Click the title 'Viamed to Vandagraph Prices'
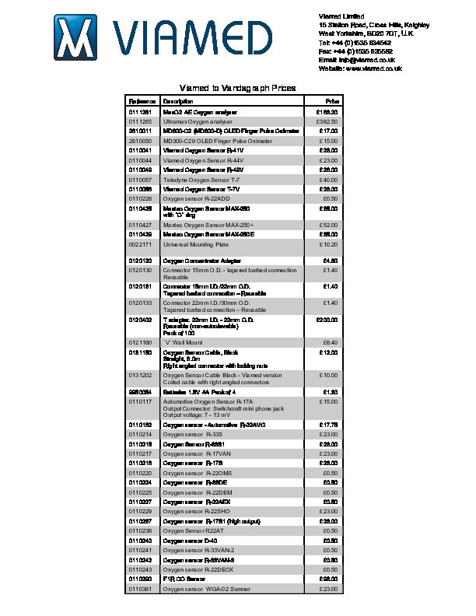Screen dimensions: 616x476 237,89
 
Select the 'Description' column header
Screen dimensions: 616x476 178,102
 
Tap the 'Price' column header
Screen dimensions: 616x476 331,102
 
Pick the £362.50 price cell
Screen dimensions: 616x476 327,122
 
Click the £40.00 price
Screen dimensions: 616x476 329,180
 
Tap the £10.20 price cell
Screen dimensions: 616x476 329,244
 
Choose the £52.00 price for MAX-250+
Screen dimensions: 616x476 329,225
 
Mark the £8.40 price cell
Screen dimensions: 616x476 330,342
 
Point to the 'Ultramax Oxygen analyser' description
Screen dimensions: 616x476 198,122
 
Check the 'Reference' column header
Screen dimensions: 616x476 142,102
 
